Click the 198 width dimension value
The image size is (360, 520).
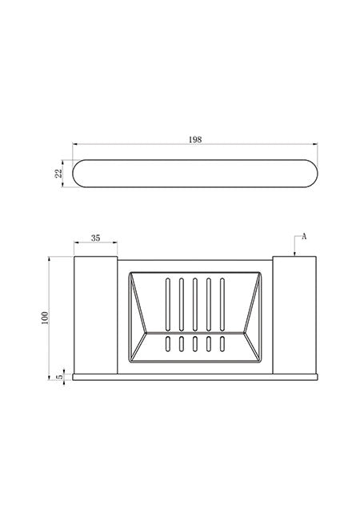195,140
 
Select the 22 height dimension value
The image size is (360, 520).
58,174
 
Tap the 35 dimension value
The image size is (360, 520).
95,238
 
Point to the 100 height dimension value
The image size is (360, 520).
45,318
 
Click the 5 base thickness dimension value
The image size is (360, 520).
60,377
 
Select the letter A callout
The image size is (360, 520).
304,237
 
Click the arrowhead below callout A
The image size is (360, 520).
294,254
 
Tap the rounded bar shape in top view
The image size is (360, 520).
195,174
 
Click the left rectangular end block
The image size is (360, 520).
95,315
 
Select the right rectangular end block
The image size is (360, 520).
294,315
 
